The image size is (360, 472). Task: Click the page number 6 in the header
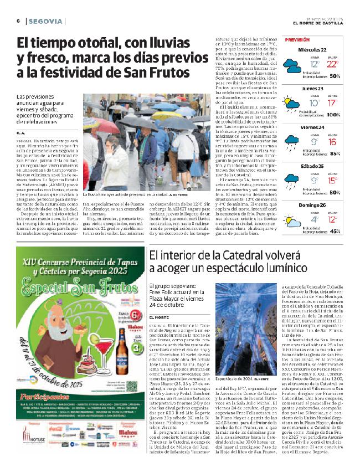click(18, 20)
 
